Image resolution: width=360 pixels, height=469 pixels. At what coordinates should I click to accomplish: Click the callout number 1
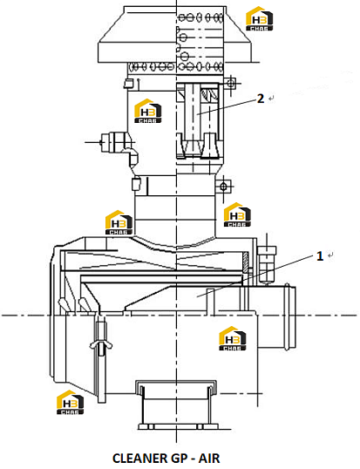320,256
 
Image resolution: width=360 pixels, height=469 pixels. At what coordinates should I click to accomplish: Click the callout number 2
261,99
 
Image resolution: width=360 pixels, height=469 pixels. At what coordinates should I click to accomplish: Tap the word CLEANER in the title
140,459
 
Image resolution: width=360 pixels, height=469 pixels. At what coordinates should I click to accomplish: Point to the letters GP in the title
179,459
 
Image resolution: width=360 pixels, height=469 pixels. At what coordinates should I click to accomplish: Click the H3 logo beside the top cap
259,18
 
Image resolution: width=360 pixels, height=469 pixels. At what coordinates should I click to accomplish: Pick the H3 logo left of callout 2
148,111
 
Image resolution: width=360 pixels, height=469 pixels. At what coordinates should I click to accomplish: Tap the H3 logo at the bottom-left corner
71,402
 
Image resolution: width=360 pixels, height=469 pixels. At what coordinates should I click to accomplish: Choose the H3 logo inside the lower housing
233,338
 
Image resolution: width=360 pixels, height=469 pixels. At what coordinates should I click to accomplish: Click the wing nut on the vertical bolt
101,345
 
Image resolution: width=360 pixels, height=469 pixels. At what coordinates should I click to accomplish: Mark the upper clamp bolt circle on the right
230,83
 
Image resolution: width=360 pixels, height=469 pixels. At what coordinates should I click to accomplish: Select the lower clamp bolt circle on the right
223,187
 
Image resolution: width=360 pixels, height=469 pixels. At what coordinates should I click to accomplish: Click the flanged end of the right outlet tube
290,316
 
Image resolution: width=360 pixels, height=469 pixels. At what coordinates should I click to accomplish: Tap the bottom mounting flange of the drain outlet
176,426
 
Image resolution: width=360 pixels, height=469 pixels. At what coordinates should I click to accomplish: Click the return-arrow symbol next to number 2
271,99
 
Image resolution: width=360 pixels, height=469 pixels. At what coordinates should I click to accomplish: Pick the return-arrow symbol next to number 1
330,255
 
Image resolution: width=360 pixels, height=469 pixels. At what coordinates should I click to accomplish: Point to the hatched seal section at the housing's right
245,262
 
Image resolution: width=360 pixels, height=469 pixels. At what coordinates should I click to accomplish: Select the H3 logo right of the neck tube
237,214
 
